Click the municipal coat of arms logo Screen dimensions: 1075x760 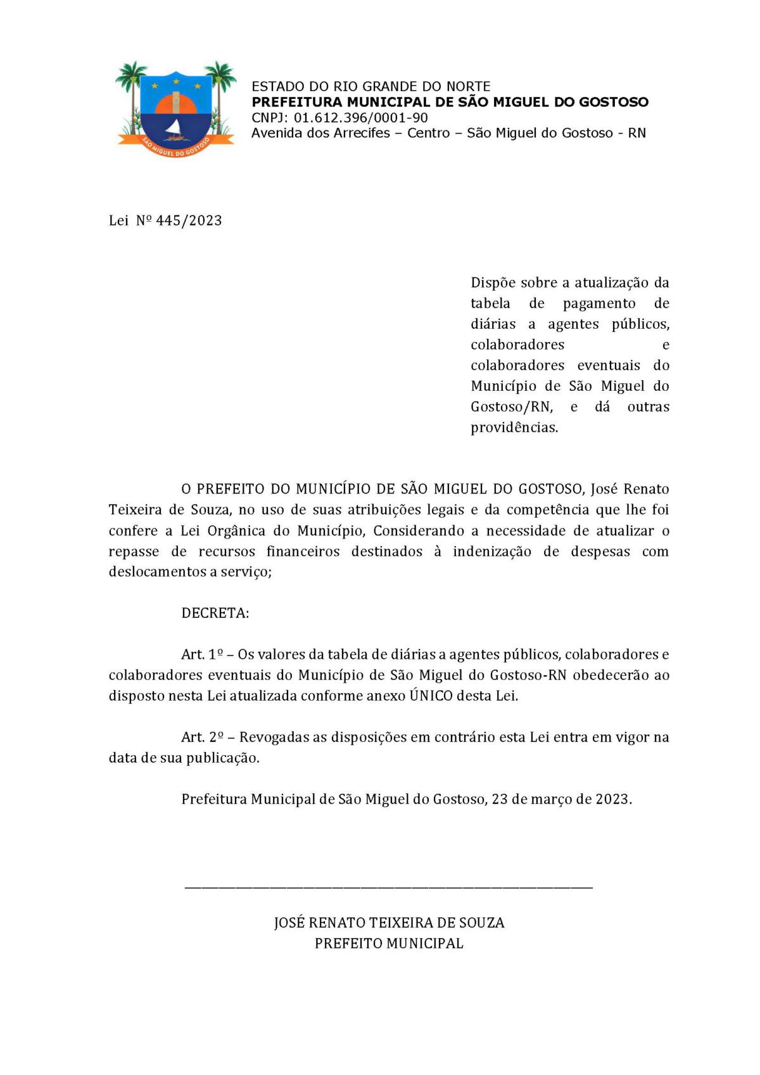tap(175, 110)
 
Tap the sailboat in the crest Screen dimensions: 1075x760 tap(174, 130)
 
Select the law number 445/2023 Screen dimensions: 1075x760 tap(189, 220)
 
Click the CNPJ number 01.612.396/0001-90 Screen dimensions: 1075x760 tap(360, 118)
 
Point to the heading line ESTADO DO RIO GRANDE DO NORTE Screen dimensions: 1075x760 tap(370, 86)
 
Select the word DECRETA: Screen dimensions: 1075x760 tap(215, 613)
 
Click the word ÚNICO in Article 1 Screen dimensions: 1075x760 tap(431, 696)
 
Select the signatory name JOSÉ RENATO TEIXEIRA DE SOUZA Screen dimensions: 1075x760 tap(389, 923)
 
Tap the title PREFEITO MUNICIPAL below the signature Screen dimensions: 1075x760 tap(389, 943)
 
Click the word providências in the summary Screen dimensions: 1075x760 tap(514, 428)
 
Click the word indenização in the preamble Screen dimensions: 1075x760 tap(492, 552)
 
